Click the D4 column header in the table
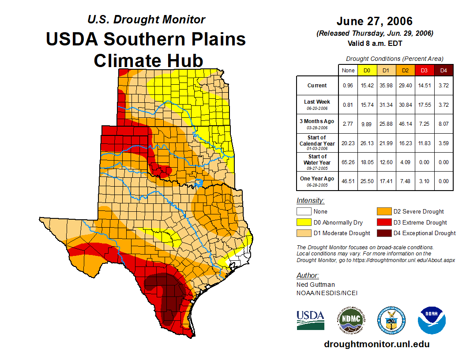pos(443,70)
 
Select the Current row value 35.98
pos(386,86)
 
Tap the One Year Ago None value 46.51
pos(348,181)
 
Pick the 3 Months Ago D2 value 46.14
pos(405,124)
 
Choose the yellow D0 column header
pos(367,70)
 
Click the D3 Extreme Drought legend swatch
pos(383,222)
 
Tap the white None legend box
pos(303,212)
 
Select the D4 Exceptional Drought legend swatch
pos(383,233)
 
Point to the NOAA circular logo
pos(432,320)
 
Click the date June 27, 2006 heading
pos(374,21)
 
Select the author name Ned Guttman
pos(316,285)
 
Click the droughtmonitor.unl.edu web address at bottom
pos(376,344)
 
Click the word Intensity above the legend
pos(310,201)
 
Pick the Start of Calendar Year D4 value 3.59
pos(443,143)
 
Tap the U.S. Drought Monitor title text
pos(146,20)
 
